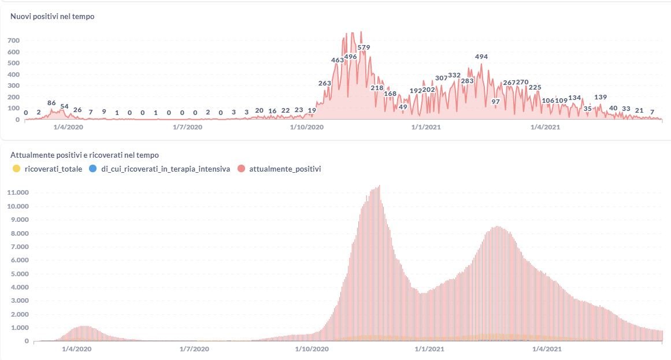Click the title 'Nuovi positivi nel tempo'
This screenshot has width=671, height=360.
pyautogui.click(x=53, y=16)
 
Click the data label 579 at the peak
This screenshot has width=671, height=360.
pyautogui.click(x=364, y=47)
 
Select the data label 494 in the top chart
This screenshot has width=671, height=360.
pyautogui.click(x=481, y=57)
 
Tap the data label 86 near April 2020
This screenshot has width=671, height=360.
pyautogui.click(x=51, y=103)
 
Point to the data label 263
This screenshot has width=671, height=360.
pyautogui.click(x=325, y=83)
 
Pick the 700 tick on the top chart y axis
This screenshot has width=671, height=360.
pyautogui.click(x=13, y=40)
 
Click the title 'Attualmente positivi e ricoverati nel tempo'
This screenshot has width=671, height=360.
pyautogui.click(x=85, y=155)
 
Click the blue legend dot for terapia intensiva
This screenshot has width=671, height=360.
pyautogui.click(x=94, y=169)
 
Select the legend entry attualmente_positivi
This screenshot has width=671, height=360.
pyautogui.click(x=285, y=169)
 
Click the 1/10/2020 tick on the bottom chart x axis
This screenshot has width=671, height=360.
pyautogui.click(x=312, y=349)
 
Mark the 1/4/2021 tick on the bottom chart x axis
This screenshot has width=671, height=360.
pyautogui.click(x=546, y=349)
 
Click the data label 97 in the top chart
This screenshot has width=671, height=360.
pyautogui.click(x=495, y=102)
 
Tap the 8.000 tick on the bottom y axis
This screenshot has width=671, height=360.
pyautogui.click(x=20, y=233)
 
